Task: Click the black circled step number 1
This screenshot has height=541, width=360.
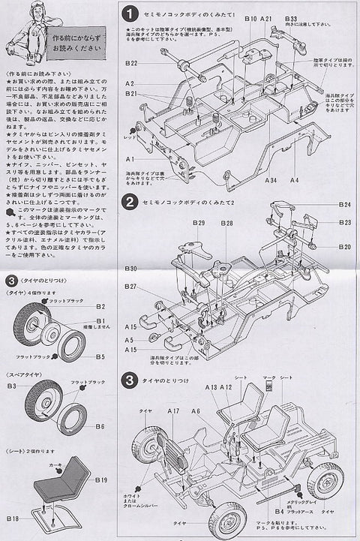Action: click(130, 14)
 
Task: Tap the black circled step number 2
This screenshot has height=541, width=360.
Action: click(130, 202)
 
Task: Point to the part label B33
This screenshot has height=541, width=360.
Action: click(291, 17)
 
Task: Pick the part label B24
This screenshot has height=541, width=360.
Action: click(344, 204)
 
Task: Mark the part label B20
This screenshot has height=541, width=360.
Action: click(344, 247)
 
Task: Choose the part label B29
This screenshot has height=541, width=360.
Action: click(199, 224)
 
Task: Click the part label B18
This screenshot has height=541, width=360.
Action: click(13, 518)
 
